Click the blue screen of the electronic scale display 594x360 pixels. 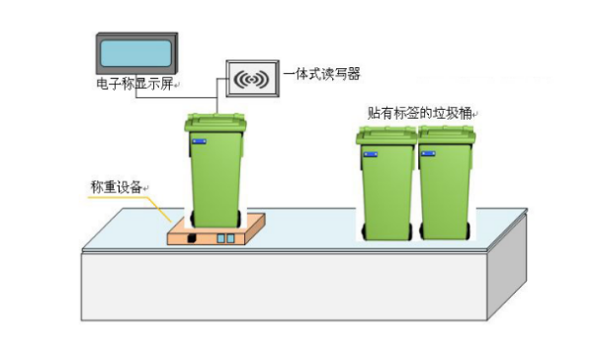[x=137, y=53]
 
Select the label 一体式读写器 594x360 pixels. [x=322, y=72]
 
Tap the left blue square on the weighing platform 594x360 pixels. [x=220, y=239]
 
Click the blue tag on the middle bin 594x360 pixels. [x=369, y=154]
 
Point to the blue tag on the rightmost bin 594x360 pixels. [x=428, y=154]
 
